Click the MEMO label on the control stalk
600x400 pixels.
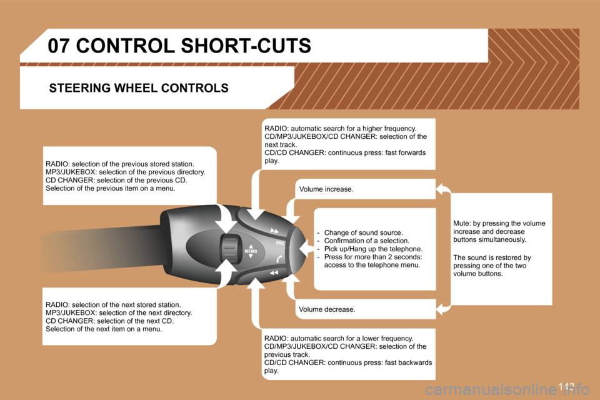click(x=251, y=251)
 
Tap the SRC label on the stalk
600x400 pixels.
click(x=280, y=242)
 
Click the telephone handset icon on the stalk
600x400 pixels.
click(x=279, y=259)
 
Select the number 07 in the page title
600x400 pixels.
click(x=59, y=46)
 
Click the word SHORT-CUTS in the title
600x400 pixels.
click(x=246, y=46)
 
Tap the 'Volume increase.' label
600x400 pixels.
click(x=326, y=189)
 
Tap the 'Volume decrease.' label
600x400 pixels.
click(x=327, y=309)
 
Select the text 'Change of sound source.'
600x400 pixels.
click(x=364, y=232)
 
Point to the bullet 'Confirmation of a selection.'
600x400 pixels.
click(x=367, y=241)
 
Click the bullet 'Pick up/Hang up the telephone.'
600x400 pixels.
click(x=374, y=249)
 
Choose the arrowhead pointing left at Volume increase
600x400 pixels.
click(x=442, y=189)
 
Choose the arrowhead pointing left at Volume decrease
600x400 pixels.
click(x=442, y=309)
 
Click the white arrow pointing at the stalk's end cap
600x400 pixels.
click(x=307, y=249)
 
